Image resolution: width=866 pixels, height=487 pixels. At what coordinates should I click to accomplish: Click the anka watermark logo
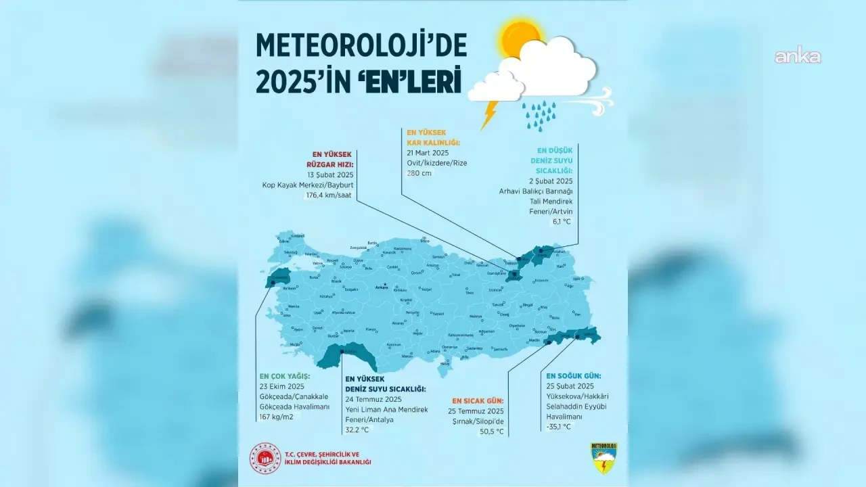pos(798,57)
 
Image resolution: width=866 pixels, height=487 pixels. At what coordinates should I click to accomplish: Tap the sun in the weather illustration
pos(521,40)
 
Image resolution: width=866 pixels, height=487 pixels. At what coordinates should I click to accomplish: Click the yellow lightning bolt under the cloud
pos(489,115)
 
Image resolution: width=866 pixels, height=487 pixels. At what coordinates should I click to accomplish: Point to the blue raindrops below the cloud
pos(539,115)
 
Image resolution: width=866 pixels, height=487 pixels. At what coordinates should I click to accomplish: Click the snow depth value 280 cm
pos(419,173)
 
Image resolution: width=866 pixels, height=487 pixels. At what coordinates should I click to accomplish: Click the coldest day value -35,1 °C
pos(559,427)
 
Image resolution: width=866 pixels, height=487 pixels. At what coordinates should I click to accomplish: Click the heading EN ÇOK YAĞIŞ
pos(285,375)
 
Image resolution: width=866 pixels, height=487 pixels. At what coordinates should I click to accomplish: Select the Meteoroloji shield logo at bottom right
pos(603,458)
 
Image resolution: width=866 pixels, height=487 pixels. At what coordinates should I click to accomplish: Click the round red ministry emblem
pos(266,458)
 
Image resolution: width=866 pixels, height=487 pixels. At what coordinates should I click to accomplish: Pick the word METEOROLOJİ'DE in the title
pos(361,45)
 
